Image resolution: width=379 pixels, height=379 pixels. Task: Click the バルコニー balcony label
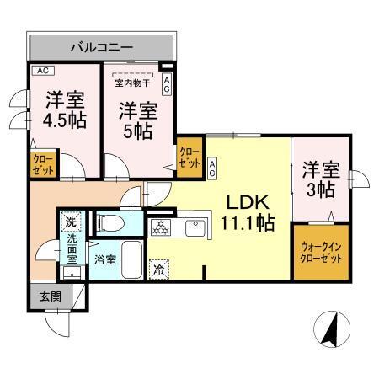coord(101,45)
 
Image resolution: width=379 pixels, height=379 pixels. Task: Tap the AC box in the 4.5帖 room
coord(40,71)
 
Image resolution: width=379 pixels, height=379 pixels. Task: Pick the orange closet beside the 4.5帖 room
coord(42,163)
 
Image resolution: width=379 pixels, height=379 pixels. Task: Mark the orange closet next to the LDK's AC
coord(189,156)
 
